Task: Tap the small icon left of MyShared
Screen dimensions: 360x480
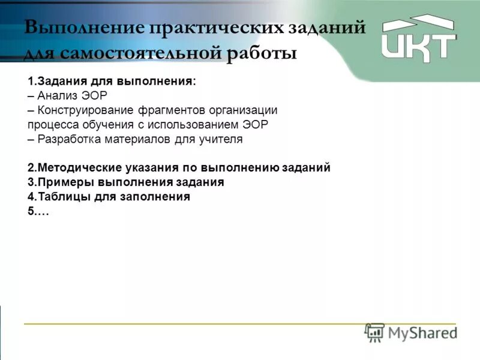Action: tap(374, 333)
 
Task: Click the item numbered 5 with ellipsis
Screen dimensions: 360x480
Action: tap(38, 211)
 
